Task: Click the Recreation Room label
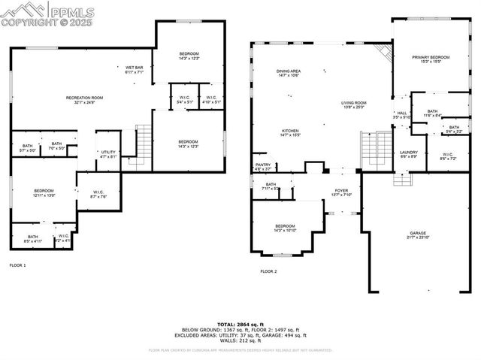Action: point(84,98)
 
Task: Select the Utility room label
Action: point(108,153)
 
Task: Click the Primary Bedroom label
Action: point(430,57)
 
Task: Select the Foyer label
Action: point(341,190)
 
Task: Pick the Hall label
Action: point(402,114)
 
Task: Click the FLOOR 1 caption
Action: point(17,265)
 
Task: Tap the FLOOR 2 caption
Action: point(268,271)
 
